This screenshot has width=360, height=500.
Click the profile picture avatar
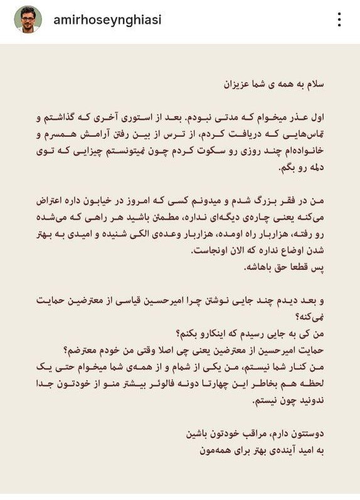coord(28,19)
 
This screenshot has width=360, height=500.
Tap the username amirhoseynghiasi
coord(108,19)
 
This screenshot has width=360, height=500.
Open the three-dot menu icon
coord(339,19)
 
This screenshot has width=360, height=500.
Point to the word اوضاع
coord(272,250)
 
